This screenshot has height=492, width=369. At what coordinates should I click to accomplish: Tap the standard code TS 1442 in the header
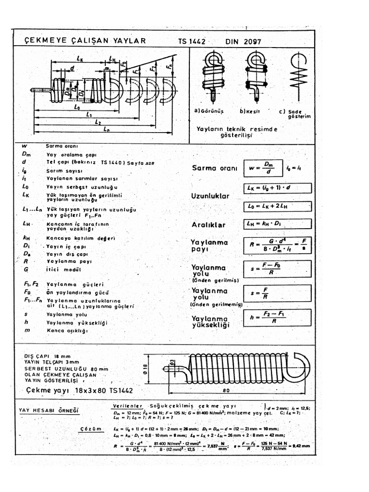tap(191, 42)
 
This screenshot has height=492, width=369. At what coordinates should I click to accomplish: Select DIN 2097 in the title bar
tap(243, 42)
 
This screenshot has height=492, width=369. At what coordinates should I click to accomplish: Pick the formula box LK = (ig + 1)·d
tap(277, 188)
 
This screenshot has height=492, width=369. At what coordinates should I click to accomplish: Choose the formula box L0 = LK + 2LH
tap(277, 205)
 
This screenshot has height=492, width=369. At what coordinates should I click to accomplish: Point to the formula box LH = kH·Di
tap(277, 224)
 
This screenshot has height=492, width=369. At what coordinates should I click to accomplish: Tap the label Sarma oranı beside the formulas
tap(215, 169)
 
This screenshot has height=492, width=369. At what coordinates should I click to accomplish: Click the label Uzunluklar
tap(210, 197)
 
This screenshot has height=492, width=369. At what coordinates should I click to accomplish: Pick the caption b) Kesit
tap(250, 111)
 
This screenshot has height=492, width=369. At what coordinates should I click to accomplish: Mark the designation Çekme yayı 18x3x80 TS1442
tap(79, 391)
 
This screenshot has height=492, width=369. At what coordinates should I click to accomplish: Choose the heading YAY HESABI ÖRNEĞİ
tap(49, 410)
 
